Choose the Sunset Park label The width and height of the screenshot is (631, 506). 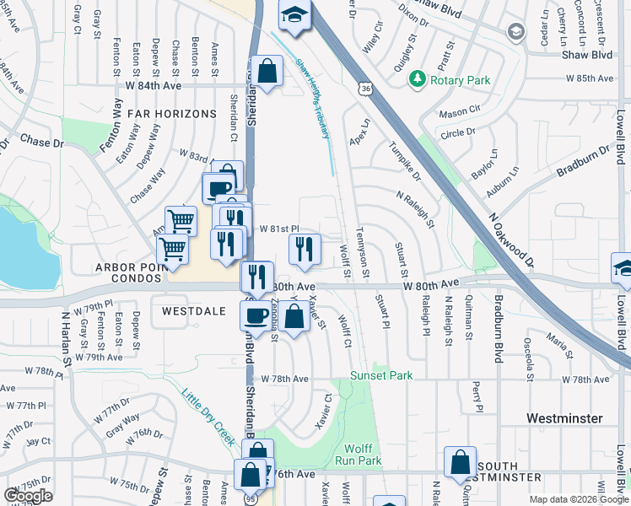point(382,374)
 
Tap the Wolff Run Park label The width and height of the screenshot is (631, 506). point(364,455)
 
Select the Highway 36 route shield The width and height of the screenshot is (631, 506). point(364,88)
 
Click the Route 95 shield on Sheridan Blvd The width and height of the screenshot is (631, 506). point(251,498)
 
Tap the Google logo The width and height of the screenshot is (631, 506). point(28,496)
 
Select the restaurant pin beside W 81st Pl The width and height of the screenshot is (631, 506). point(304,247)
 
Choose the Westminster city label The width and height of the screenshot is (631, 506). point(564,418)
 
